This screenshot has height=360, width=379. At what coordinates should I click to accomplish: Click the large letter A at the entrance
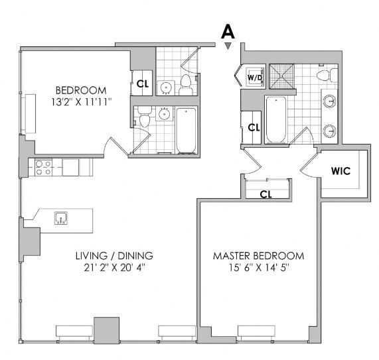228,32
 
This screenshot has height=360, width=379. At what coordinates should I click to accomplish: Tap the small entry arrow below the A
228,46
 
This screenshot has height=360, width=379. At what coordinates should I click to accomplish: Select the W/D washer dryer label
255,78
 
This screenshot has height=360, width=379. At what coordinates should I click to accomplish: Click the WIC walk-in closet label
341,171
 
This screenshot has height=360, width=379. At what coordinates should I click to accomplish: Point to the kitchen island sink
61,218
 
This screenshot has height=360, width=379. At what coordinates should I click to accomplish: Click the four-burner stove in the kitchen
43,168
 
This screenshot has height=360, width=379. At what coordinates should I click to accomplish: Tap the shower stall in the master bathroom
282,76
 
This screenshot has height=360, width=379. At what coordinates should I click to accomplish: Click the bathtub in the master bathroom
276,120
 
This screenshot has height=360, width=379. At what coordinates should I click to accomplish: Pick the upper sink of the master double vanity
330,101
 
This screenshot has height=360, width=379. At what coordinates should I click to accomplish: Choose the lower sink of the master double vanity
330,131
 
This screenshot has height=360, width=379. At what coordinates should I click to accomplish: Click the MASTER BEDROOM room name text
258,256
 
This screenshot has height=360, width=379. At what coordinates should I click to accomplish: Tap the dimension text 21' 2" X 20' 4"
114,268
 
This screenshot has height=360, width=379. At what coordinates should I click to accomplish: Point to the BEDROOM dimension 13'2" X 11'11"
81,102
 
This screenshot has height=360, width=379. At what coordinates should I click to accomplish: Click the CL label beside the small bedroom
143,84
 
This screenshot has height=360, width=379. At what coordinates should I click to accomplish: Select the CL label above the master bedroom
266,194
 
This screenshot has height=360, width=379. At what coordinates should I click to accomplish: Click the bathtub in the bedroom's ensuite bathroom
186,131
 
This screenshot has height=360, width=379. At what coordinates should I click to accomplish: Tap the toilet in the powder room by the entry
186,84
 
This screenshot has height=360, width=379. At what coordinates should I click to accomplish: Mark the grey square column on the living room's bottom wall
107,330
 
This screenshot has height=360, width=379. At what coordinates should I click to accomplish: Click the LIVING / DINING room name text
114,256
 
